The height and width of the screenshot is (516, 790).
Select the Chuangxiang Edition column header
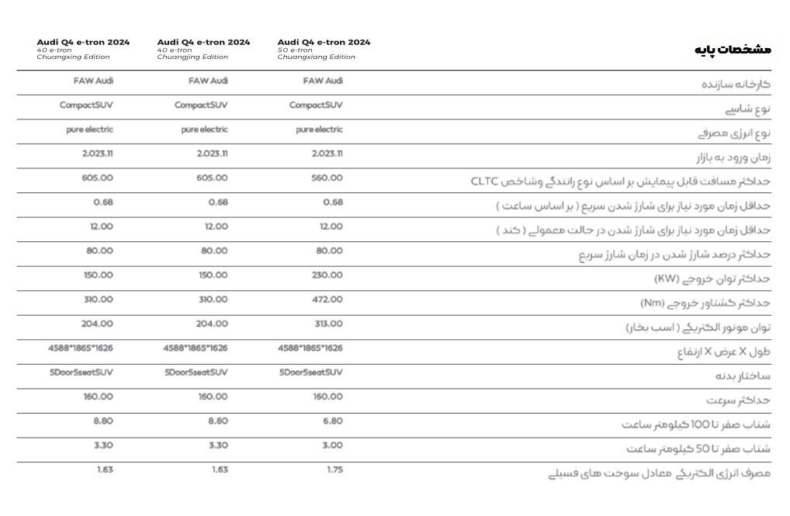(x=324, y=49)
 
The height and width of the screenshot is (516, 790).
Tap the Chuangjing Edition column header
(x=203, y=49)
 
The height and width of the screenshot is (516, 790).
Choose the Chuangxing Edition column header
(x=83, y=49)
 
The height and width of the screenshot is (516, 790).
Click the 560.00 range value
(x=327, y=178)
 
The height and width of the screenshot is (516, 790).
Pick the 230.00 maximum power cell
(x=327, y=275)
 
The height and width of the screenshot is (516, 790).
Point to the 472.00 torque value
(x=327, y=300)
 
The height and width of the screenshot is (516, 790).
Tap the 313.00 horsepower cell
(x=327, y=324)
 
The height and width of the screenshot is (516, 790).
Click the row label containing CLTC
(x=620, y=182)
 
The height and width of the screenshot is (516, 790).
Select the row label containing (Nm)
(x=705, y=303)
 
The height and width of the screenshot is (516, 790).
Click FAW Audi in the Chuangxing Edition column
(x=94, y=81)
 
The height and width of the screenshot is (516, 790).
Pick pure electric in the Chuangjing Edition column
(x=204, y=130)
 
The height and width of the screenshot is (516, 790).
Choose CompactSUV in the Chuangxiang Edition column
(x=316, y=106)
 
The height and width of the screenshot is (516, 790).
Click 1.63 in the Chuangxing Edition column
(x=104, y=470)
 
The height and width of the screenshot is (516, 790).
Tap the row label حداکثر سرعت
(x=738, y=400)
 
